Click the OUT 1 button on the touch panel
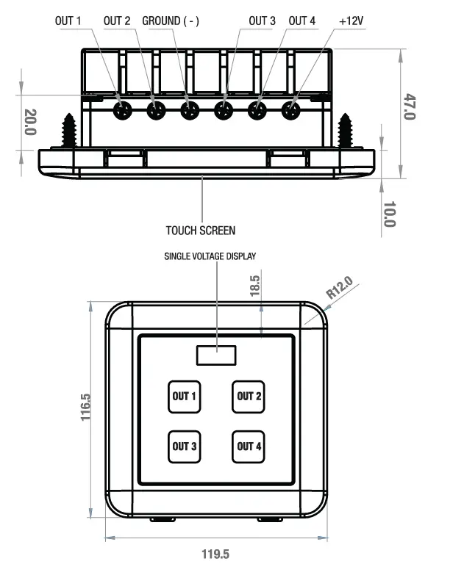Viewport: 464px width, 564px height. pos(185,397)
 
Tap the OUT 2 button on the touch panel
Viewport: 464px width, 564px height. pos(249,397)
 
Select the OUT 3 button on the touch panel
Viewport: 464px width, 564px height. pos(185,446)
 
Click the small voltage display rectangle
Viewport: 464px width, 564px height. pos(216,355)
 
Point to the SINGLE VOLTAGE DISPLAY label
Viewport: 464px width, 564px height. pos(210,256)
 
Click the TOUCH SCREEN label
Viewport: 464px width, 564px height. pos(201,231)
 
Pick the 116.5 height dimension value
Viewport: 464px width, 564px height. pos(85,407)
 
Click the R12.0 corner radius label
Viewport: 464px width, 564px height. pos(339,286)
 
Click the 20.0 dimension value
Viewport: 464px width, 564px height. pos(30,122)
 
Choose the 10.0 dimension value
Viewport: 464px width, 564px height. pos(390,214)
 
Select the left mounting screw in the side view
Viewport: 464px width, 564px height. pos(71,131)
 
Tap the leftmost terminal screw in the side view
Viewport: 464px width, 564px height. pos(122,111)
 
